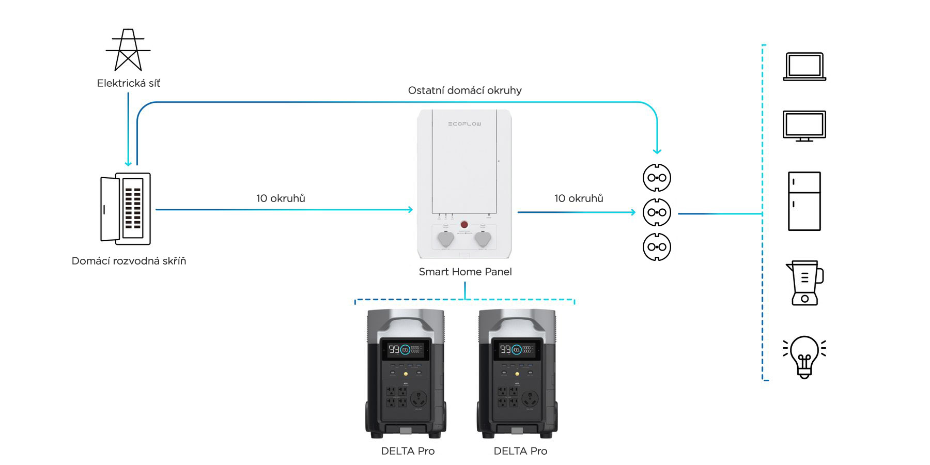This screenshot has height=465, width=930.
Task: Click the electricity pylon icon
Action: point(128,50)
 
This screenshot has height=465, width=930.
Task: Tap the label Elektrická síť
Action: point(129,83)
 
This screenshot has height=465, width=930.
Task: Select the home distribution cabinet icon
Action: point(126,209)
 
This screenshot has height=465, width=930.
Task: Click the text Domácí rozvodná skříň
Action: point(129,261)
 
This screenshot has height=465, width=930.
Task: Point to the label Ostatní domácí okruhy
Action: point(464,90)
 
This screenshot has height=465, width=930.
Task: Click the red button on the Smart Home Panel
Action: point(464,225)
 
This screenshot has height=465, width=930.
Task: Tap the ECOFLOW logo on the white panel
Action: point(464,124)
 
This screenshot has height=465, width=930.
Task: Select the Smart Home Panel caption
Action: point(465,272)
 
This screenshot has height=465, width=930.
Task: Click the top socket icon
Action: point(657,178)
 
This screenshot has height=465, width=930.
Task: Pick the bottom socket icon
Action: point(657,247)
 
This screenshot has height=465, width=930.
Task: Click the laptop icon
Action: point(804,67)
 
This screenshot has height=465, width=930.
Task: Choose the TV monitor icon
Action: point(804,126)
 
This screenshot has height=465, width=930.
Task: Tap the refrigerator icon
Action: point(804,201)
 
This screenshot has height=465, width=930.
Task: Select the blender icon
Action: point(804,283)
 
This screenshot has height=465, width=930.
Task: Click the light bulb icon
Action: point(804,357)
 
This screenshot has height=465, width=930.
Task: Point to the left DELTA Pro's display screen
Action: point(406,350)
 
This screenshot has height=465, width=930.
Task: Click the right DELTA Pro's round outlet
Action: point(530,399)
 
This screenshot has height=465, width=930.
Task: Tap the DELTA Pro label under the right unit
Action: point(520,451)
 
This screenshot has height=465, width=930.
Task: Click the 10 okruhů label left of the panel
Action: point(281,198)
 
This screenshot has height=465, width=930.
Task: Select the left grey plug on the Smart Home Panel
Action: point(445,239)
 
